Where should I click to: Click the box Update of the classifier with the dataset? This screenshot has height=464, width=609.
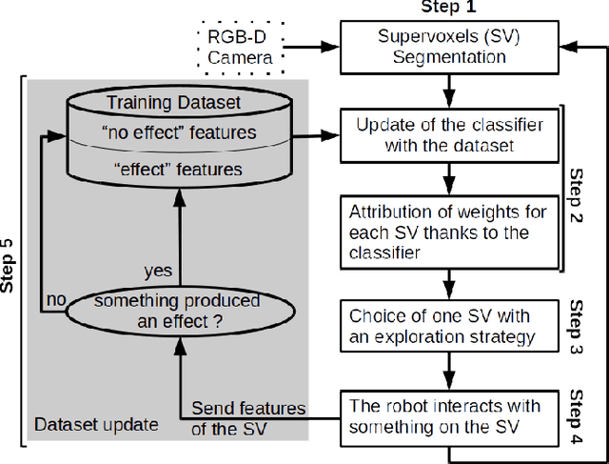click(x=443, y=137)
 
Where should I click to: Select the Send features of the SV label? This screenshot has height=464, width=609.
click(x=248, y=416)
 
